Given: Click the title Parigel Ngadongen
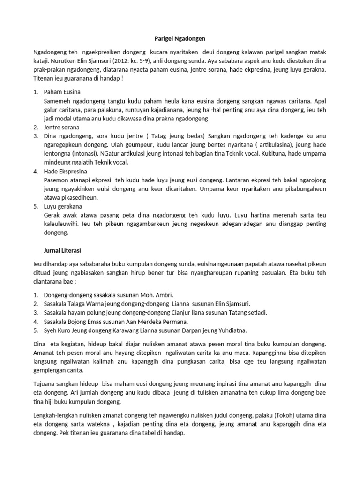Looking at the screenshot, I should click(x=180, y=37).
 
